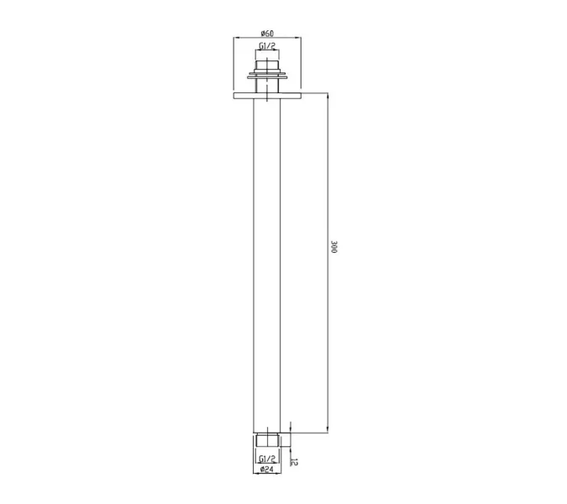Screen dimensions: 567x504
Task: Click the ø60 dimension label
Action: [267, 34]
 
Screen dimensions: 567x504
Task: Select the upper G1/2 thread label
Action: [267, 46]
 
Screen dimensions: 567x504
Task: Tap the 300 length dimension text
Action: [333, 247]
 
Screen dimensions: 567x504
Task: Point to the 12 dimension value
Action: [294, 462]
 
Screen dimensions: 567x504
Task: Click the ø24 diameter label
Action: [267, 470]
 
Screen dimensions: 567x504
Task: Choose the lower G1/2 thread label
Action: [267, 459]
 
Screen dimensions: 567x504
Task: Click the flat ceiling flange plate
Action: [267, 96]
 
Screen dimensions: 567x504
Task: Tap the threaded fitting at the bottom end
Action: [267, 439]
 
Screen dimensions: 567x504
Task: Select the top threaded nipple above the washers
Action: [267, 66]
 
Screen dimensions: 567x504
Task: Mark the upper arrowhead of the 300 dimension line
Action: [328, 96]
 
